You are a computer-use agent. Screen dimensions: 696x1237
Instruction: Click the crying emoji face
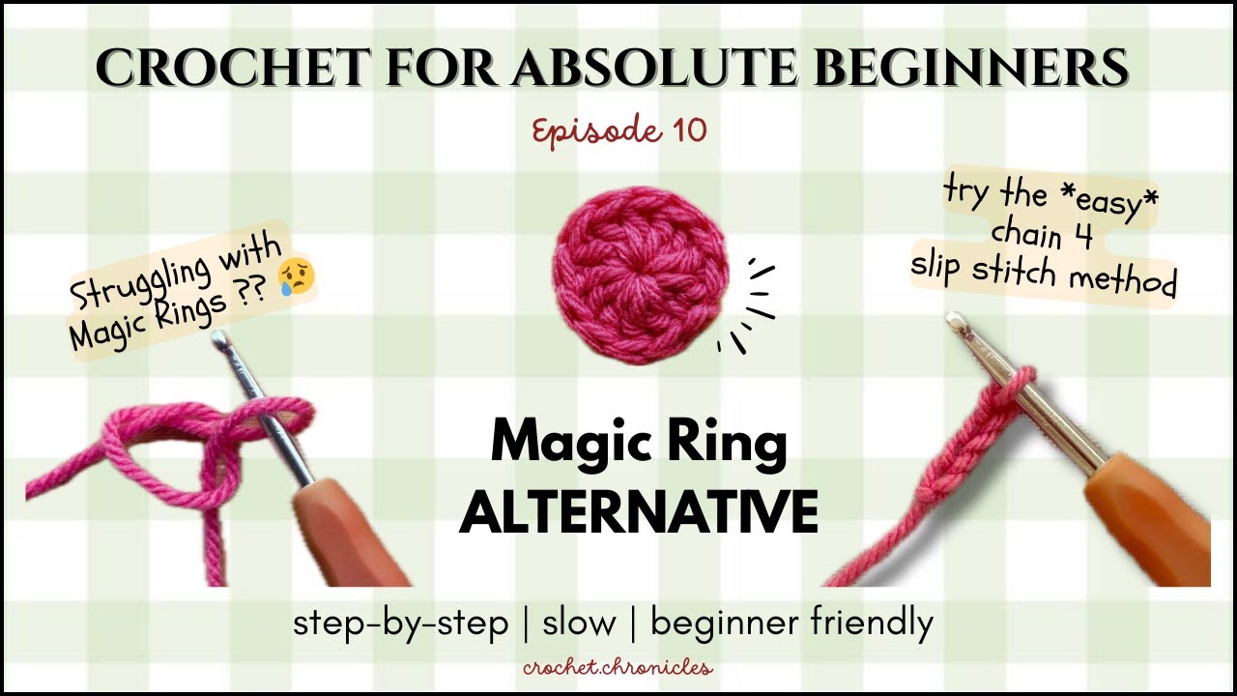[296, 276]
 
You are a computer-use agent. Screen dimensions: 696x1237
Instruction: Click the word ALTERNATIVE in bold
[639, 512]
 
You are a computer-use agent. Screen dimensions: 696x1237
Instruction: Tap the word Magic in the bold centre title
[568, 446]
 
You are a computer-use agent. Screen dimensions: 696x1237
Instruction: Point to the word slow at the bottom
[579, 623]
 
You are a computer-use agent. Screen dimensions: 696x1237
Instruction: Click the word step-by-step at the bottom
[400, 623]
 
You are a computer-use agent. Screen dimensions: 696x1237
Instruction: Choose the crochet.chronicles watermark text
[618, 666]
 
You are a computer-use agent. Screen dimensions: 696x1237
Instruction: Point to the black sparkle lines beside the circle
[749, 309]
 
